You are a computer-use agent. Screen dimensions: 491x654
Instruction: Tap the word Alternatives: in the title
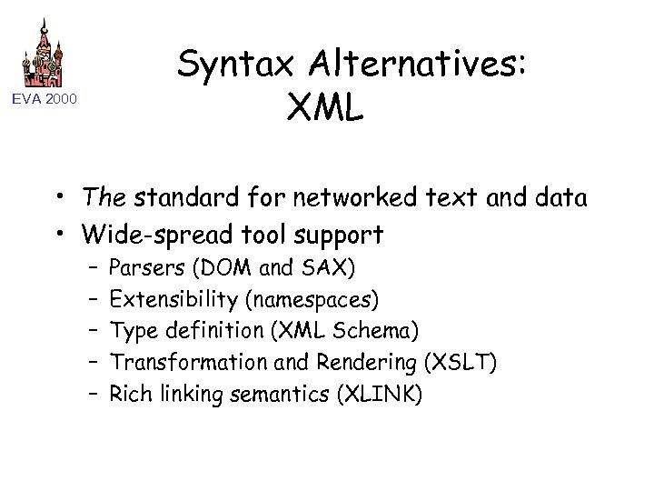419,65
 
